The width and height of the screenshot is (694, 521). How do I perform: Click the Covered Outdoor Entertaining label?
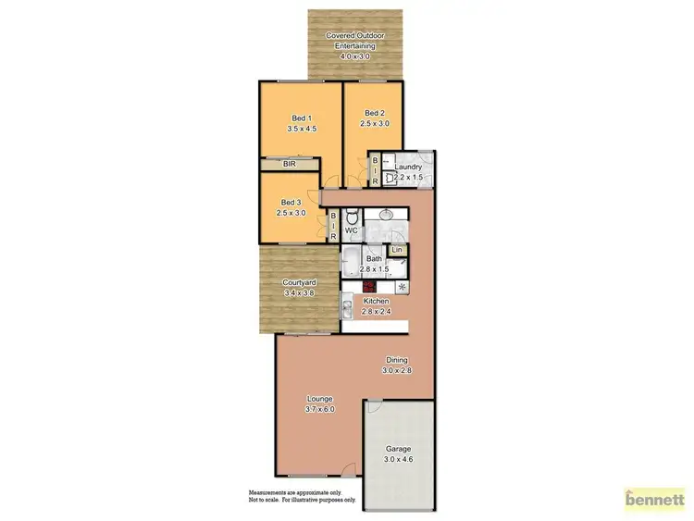click(x=355, y=36)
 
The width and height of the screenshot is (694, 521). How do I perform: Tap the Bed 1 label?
click(x=302, y=118)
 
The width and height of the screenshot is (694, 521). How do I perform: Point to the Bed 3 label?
click(x=291, y=202)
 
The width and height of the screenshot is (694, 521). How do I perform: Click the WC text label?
click(x=352, y=229)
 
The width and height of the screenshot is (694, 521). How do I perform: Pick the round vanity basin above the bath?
click(x=387, y=215)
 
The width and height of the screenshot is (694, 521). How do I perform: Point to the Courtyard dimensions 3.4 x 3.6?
click(x=299, y=293)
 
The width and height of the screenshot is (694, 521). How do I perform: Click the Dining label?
click(x=397, y=360)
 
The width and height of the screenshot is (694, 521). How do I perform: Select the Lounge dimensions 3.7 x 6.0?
click(x=320, y=408)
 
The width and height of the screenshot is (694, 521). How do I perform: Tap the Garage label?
click(x=399, y=449)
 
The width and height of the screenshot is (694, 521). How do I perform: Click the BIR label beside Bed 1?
click(x=289, y=165)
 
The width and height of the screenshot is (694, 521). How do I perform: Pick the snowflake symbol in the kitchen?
click(x=401, y=286)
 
